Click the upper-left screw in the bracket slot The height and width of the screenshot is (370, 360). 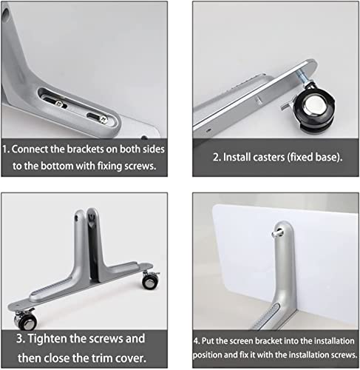58,104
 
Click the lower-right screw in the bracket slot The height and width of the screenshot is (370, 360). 103,120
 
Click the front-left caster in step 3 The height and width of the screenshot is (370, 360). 25,320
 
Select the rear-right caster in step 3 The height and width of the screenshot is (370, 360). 150,280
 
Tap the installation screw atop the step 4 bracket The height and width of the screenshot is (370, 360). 276,233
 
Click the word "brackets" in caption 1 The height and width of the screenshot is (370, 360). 85,149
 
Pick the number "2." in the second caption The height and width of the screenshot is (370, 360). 217,157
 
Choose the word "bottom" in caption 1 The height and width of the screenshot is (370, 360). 56,166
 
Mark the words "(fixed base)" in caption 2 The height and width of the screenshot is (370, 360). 315,157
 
